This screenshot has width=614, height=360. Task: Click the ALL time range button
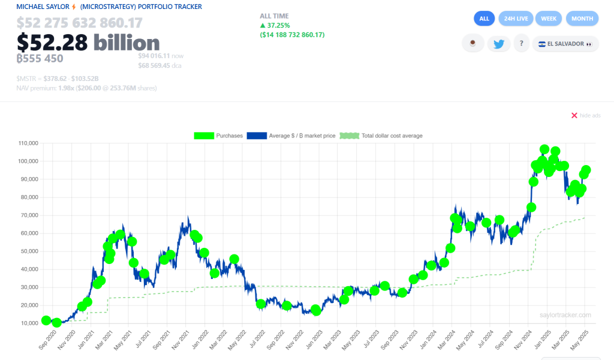(484, 19)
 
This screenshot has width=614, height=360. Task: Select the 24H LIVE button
(516, 19)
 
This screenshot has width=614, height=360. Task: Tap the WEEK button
(548, 19)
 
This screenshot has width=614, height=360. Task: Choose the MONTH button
(582, 19)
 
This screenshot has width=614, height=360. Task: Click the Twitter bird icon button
(498, 44)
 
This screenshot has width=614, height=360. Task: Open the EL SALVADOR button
(565, 44)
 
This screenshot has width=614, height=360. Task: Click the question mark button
(522, 44)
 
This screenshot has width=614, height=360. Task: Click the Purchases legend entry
(218, 136)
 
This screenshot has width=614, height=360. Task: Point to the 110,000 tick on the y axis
(28, 143)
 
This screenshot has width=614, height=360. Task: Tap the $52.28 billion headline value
(88, 43)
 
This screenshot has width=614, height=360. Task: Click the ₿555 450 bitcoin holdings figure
(40, 58)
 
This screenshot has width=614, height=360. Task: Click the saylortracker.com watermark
(565, 315)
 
